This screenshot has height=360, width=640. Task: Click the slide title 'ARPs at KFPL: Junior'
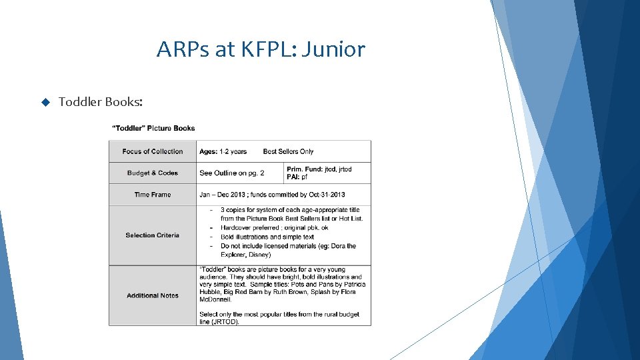pyautogui.click(x=261, y=49)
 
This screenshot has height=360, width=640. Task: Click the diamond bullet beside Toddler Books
pyautogui.click(x=45, y=102)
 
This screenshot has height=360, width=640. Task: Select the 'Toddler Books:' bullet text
pyautogui.click(x=100, y=102)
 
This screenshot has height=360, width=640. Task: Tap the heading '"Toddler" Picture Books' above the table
pyautogui.click(x=153, y=128)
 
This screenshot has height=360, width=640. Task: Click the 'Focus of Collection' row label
pyautogui.click(x=153, y=151)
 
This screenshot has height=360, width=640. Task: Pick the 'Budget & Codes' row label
pyautogui.click(x=153, y=173)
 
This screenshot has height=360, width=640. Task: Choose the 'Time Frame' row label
pyautogui.click(x=153, y=195)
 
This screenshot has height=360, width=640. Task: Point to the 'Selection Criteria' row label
pyautogui.click(x=153, y=235)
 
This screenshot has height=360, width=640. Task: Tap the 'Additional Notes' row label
pyautogui.click(x=153, y=295)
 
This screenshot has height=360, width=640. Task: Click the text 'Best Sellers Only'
pyautogui.click(x=288, y=151)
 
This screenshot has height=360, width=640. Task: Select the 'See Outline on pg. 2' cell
pyautogui.click(x=231, y=173)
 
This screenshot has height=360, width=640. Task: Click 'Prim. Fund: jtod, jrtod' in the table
pyautogui.click(x=319, y=169)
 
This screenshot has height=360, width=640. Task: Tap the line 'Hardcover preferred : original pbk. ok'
pyautogui.click(x=282, y=227)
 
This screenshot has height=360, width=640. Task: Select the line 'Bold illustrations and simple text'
pyautogui.click(x=267, y=237)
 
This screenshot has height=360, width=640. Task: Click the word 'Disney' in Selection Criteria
pyautogui.click(x=259, y=255)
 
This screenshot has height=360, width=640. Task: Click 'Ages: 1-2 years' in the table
pyautogui.click(x=223, y=151)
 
